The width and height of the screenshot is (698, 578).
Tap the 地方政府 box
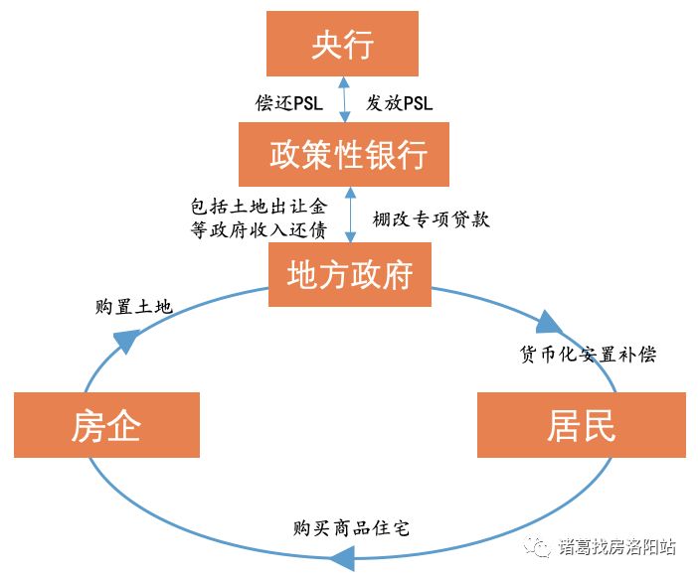tap(350, 275)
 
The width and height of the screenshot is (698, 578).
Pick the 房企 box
tap(106, 425)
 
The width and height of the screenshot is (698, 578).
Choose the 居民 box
tap(581, 425)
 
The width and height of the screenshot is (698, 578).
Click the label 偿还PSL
tap(289, 103)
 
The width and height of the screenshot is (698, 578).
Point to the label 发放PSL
tap(399, 103)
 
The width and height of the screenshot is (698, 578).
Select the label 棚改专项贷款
tap(431, 218)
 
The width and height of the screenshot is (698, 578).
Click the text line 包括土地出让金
tap(258, 208)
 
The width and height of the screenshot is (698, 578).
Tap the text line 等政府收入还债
tap(258, 230)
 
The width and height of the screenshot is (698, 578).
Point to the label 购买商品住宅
tap(351, 527)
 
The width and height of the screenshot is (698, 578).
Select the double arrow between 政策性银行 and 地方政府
tap(349, 217)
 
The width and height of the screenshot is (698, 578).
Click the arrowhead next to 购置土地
tap(123, 341)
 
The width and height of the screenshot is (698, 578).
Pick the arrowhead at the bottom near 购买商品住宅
tap(341, 560)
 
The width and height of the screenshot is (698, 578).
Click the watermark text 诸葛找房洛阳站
tap(616, 547)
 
